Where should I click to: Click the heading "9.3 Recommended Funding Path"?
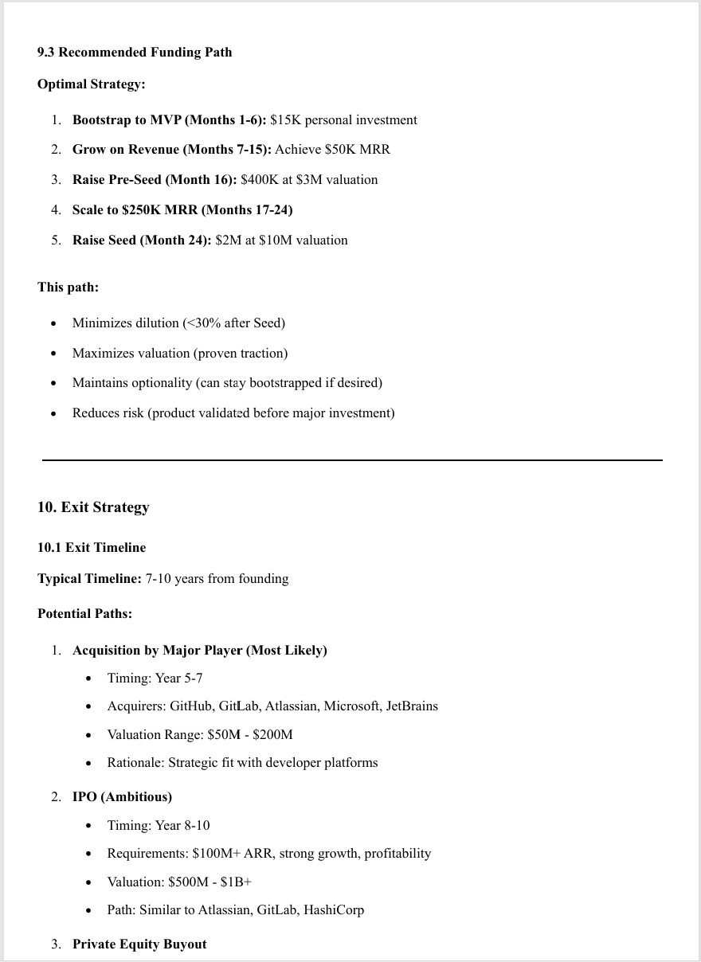pyautogui.click(x=135, y=52)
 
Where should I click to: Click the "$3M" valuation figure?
pyautogui.click(x=309, y=179)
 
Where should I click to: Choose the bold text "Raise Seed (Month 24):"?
pyautogui.click(x=142, y=240)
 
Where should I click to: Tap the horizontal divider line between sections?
pyautogui.click(x=351, y=459)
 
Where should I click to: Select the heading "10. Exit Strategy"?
pyautogui.click(x=93, y=507)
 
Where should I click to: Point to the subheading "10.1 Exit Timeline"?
pyautogui.click(x=92, y=547)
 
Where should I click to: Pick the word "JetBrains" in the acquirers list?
pyautogui.click(x=412, y=706)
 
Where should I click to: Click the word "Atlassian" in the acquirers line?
pyautogui.click(x=292, y=706)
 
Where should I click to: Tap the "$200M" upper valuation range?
pyautogui.click(x=272, y=734)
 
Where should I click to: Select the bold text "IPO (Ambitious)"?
pyautogui.click(x=122, y=796)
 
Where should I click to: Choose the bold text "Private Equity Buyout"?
pyautogui.click(x=139, y=944)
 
